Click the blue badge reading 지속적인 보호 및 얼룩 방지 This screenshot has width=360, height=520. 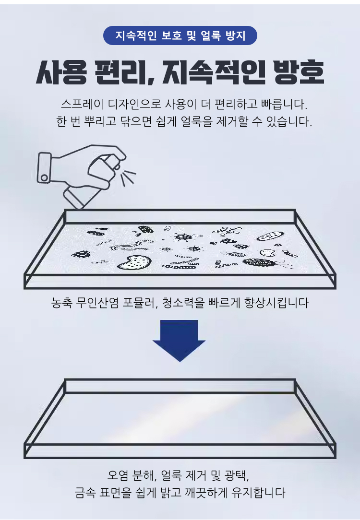pyautogui.click(x=180, y=35)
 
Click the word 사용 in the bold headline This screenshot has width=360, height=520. pyautogui.click(x=62, y=72)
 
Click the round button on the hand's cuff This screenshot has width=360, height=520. pyautogui.click(x=44, y=178)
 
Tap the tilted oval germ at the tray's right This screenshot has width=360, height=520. pyautogui.click(x=270, y=236)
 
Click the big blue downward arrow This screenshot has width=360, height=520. pyautogui.click(x=179, y=341)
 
